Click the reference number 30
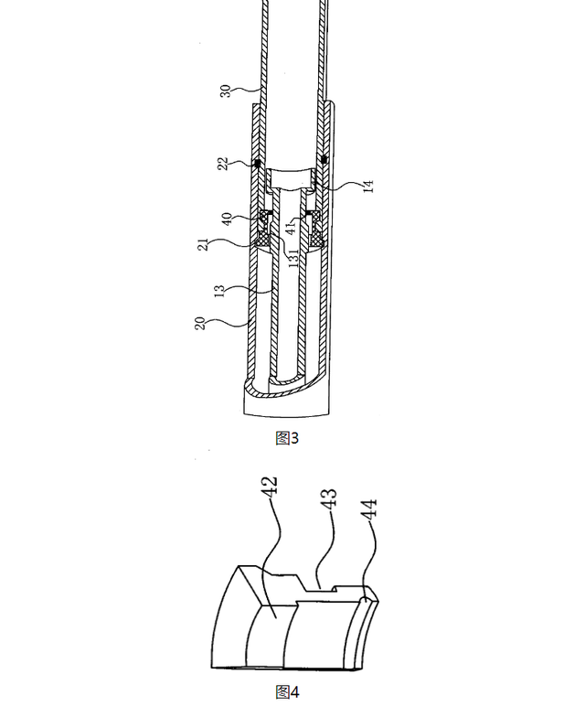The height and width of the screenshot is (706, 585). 226,91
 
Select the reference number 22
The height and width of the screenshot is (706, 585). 223,164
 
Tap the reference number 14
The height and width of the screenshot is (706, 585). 368,186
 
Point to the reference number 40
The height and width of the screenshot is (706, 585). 228,219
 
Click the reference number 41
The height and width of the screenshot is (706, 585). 292,226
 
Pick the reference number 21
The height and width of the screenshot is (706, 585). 204,244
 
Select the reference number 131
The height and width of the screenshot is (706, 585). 292,259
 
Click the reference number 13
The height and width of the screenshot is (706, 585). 219,291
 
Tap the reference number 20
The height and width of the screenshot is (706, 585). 200,324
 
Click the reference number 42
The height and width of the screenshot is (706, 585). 270,487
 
